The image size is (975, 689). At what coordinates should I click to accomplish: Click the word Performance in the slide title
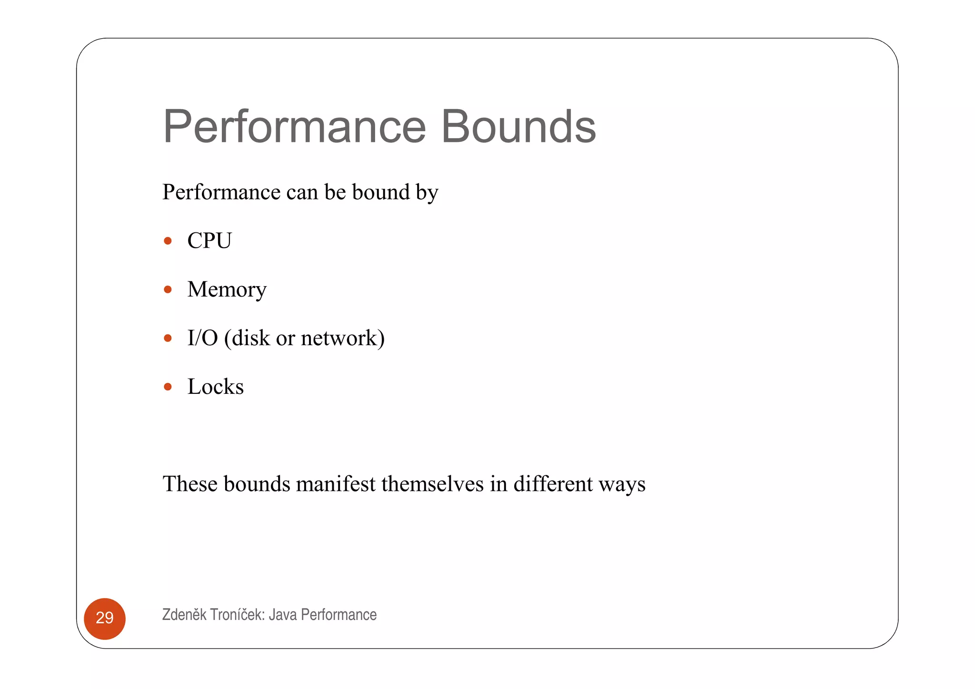tap(294, 127)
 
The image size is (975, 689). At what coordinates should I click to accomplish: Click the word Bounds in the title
tap(518, 127)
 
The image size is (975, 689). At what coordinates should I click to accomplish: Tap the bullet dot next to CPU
tap(168, 241)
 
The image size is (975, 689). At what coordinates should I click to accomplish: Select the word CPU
tap(209, 240)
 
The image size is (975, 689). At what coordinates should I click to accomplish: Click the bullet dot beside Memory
tap(168, 290)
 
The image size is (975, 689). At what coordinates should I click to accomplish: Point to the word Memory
tap(227, 290)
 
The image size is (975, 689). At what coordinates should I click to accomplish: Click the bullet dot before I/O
tap(168, 338)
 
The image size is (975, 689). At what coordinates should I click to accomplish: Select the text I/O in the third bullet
tap(202, 338)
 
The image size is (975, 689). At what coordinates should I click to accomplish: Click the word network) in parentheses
tap(342, 338)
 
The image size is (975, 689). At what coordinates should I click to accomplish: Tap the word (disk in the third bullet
tap(247, 338)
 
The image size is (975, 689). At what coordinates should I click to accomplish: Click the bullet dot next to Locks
tap(168, 387)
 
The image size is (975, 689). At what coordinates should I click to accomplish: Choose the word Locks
tap(215, 387)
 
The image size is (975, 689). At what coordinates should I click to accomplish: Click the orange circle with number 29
tap(105, 618)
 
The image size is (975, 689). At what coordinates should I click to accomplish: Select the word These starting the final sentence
tap(190, 484)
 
